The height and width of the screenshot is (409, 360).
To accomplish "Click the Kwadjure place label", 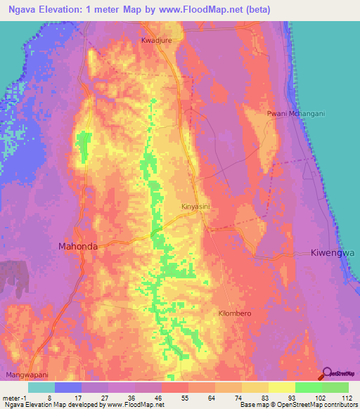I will point(157,41).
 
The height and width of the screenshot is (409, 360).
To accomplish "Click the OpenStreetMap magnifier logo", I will point(328,375).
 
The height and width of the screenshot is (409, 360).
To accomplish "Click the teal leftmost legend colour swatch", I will point(41,387).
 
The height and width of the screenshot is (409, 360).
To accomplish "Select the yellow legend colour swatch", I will point(282,387).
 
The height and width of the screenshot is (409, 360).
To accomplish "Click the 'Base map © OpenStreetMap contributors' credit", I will point(298,405).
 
